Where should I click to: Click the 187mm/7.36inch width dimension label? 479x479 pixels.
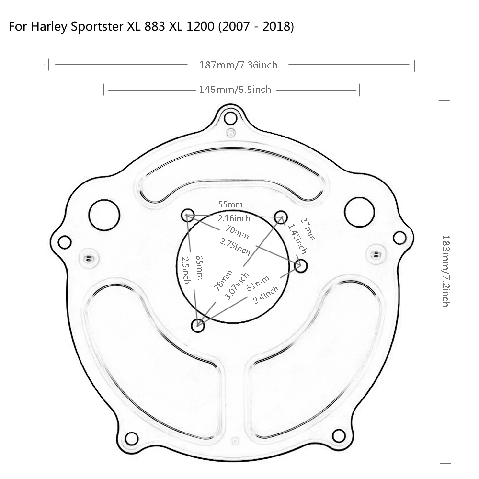(238, 65)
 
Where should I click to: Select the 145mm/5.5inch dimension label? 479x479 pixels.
(235, 90)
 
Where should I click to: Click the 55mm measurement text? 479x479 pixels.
(230, 205)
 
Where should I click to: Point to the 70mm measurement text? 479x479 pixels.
(237, 232)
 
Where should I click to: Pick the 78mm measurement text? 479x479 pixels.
(223, 280)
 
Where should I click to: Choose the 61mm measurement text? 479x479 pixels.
(258, 283)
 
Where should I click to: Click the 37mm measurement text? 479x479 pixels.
(308, 229)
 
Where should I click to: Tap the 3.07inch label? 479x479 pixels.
(237, 286)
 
